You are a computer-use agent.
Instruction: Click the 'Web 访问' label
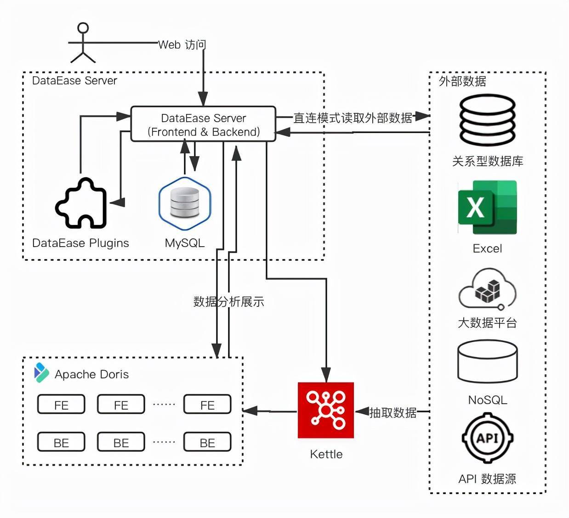[x=182, y=45]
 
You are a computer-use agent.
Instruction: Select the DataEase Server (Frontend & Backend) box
[x=203, y=124]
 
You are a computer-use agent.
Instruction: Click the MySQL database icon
[x=184, y=203]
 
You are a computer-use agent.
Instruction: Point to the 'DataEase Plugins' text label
[x=80, y=243]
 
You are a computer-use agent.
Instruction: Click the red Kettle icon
[x=326, y=410]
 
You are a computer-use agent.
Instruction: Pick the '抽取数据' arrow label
[x=393, y=412]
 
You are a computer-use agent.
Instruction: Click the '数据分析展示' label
[x=228, y=302]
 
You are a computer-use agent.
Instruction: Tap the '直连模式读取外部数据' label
[x=353, y=118]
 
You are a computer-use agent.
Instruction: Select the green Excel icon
[x=487, y=208]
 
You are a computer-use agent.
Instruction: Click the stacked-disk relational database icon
[x=487, y=120]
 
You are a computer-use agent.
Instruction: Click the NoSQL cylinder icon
[x=487, y=362]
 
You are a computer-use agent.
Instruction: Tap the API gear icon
[x=487, y=438]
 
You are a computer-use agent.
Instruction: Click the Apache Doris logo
[x=41, y=373]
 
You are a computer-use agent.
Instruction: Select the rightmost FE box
[x=207, y=405]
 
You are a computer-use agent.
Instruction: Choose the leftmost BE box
[x=61, y=442]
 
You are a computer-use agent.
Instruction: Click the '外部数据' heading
[x=462, y=81]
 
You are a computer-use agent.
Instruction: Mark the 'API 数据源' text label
[x=487, y=479]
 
